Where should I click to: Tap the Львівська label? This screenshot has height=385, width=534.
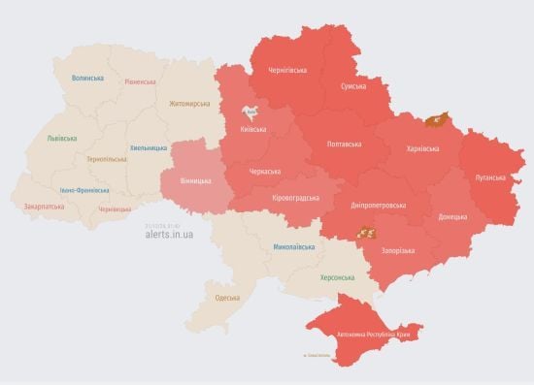62,138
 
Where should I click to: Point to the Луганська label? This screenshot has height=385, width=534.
490,177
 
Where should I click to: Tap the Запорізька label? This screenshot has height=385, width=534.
396,250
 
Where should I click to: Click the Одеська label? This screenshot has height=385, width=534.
227,297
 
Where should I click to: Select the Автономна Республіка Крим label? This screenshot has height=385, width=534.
379,335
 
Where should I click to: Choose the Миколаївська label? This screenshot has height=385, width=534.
292,246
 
